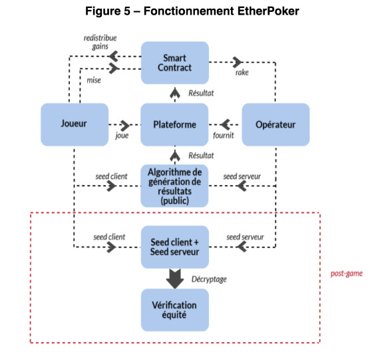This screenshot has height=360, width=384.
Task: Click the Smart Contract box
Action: tap(175, 63)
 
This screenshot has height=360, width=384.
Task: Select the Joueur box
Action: tap(75, 124)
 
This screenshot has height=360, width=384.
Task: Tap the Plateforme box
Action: tap(174, 124)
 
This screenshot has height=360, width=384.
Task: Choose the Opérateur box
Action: tap(276, 124)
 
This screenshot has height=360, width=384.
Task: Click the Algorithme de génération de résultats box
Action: tap(174, 186)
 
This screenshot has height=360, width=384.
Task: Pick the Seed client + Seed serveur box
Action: tap(175, 247)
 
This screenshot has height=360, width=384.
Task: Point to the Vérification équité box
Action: tap(175, 310)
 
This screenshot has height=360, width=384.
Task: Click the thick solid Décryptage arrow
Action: tap(175, 279)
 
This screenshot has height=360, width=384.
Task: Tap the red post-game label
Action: tap(347, 273)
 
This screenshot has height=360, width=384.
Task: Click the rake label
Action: tap(242, 73)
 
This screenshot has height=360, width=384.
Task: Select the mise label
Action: tap(94, 80)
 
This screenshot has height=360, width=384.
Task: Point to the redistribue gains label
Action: tap(100, 42)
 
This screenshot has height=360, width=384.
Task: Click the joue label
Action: tap(122, 136)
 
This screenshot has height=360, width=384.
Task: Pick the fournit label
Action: tap(224, 135)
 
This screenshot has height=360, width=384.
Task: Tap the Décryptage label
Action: tap(209, 279)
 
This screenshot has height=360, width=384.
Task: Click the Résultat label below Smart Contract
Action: tap(201, 93)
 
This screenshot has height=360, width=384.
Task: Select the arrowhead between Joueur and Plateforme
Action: tap(125, 125)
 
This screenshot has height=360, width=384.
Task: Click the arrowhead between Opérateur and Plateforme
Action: tap(225, 124)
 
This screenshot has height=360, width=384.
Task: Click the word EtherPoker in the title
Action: tap(268, 11)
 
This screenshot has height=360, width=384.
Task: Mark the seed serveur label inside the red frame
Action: tap(245, 237)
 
